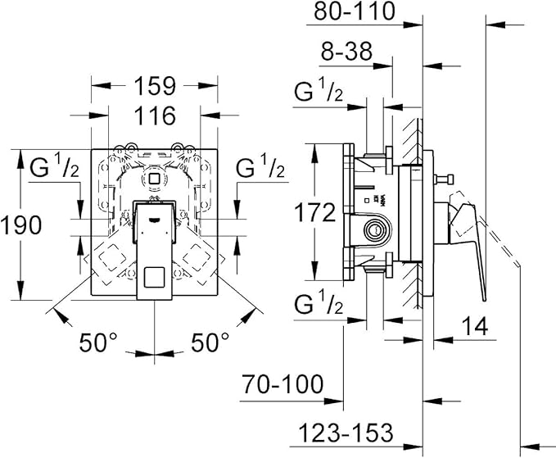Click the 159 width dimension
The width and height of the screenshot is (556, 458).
pyautogui.click(x=155, y=84)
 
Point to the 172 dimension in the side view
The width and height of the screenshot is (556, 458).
pyautogui.click(x=315, y=213)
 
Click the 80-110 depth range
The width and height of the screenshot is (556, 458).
pyautogui.click(x=355, y=11)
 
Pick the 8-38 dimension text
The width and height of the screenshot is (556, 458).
pyautogui.click(x=346, y=52)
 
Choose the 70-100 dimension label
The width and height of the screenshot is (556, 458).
pyautogui.click(x=283, y=383)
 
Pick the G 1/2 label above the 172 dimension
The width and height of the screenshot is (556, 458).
pyautogui.click(x=319, y=93)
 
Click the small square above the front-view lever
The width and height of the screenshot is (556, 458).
pyautogui.click(x=155, y=178)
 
